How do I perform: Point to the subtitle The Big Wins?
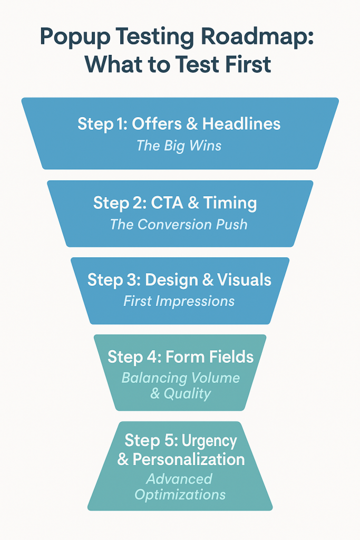tap(179, 146)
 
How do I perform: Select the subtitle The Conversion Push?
tap(179, 224)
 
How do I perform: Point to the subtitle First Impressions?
tap(179, 301)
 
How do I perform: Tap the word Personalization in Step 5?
tap(188, 459)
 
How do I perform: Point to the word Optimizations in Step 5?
tap(180, 495)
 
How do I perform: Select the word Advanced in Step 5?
tap(179, 479)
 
